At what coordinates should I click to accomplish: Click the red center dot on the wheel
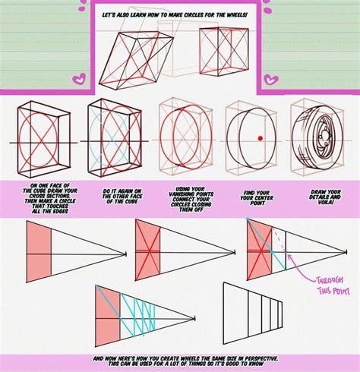point(259,138)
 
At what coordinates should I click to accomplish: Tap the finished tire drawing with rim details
point(325,140)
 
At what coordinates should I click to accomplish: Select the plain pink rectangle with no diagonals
point(39,249)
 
